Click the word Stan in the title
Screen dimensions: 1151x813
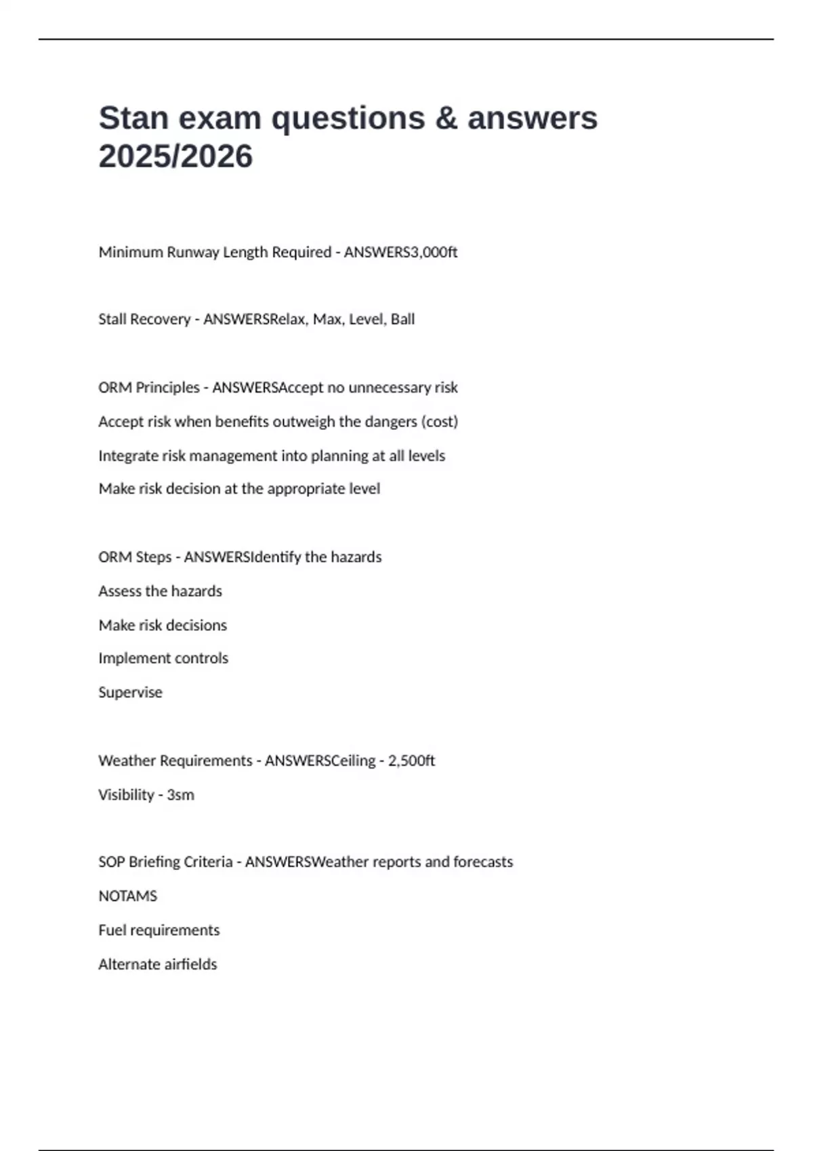133,118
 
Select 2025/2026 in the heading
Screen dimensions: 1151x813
175,156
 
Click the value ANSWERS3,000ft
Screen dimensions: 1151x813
400,253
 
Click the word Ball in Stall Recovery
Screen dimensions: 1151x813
402,320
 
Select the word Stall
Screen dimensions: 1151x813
111,320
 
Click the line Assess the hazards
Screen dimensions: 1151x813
160,591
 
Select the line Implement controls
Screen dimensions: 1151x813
163,658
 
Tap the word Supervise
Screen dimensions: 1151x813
130,693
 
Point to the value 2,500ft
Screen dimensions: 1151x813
411,761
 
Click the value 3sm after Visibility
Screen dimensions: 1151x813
180,795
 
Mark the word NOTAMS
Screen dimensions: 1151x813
127,896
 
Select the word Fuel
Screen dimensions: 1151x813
112,930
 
